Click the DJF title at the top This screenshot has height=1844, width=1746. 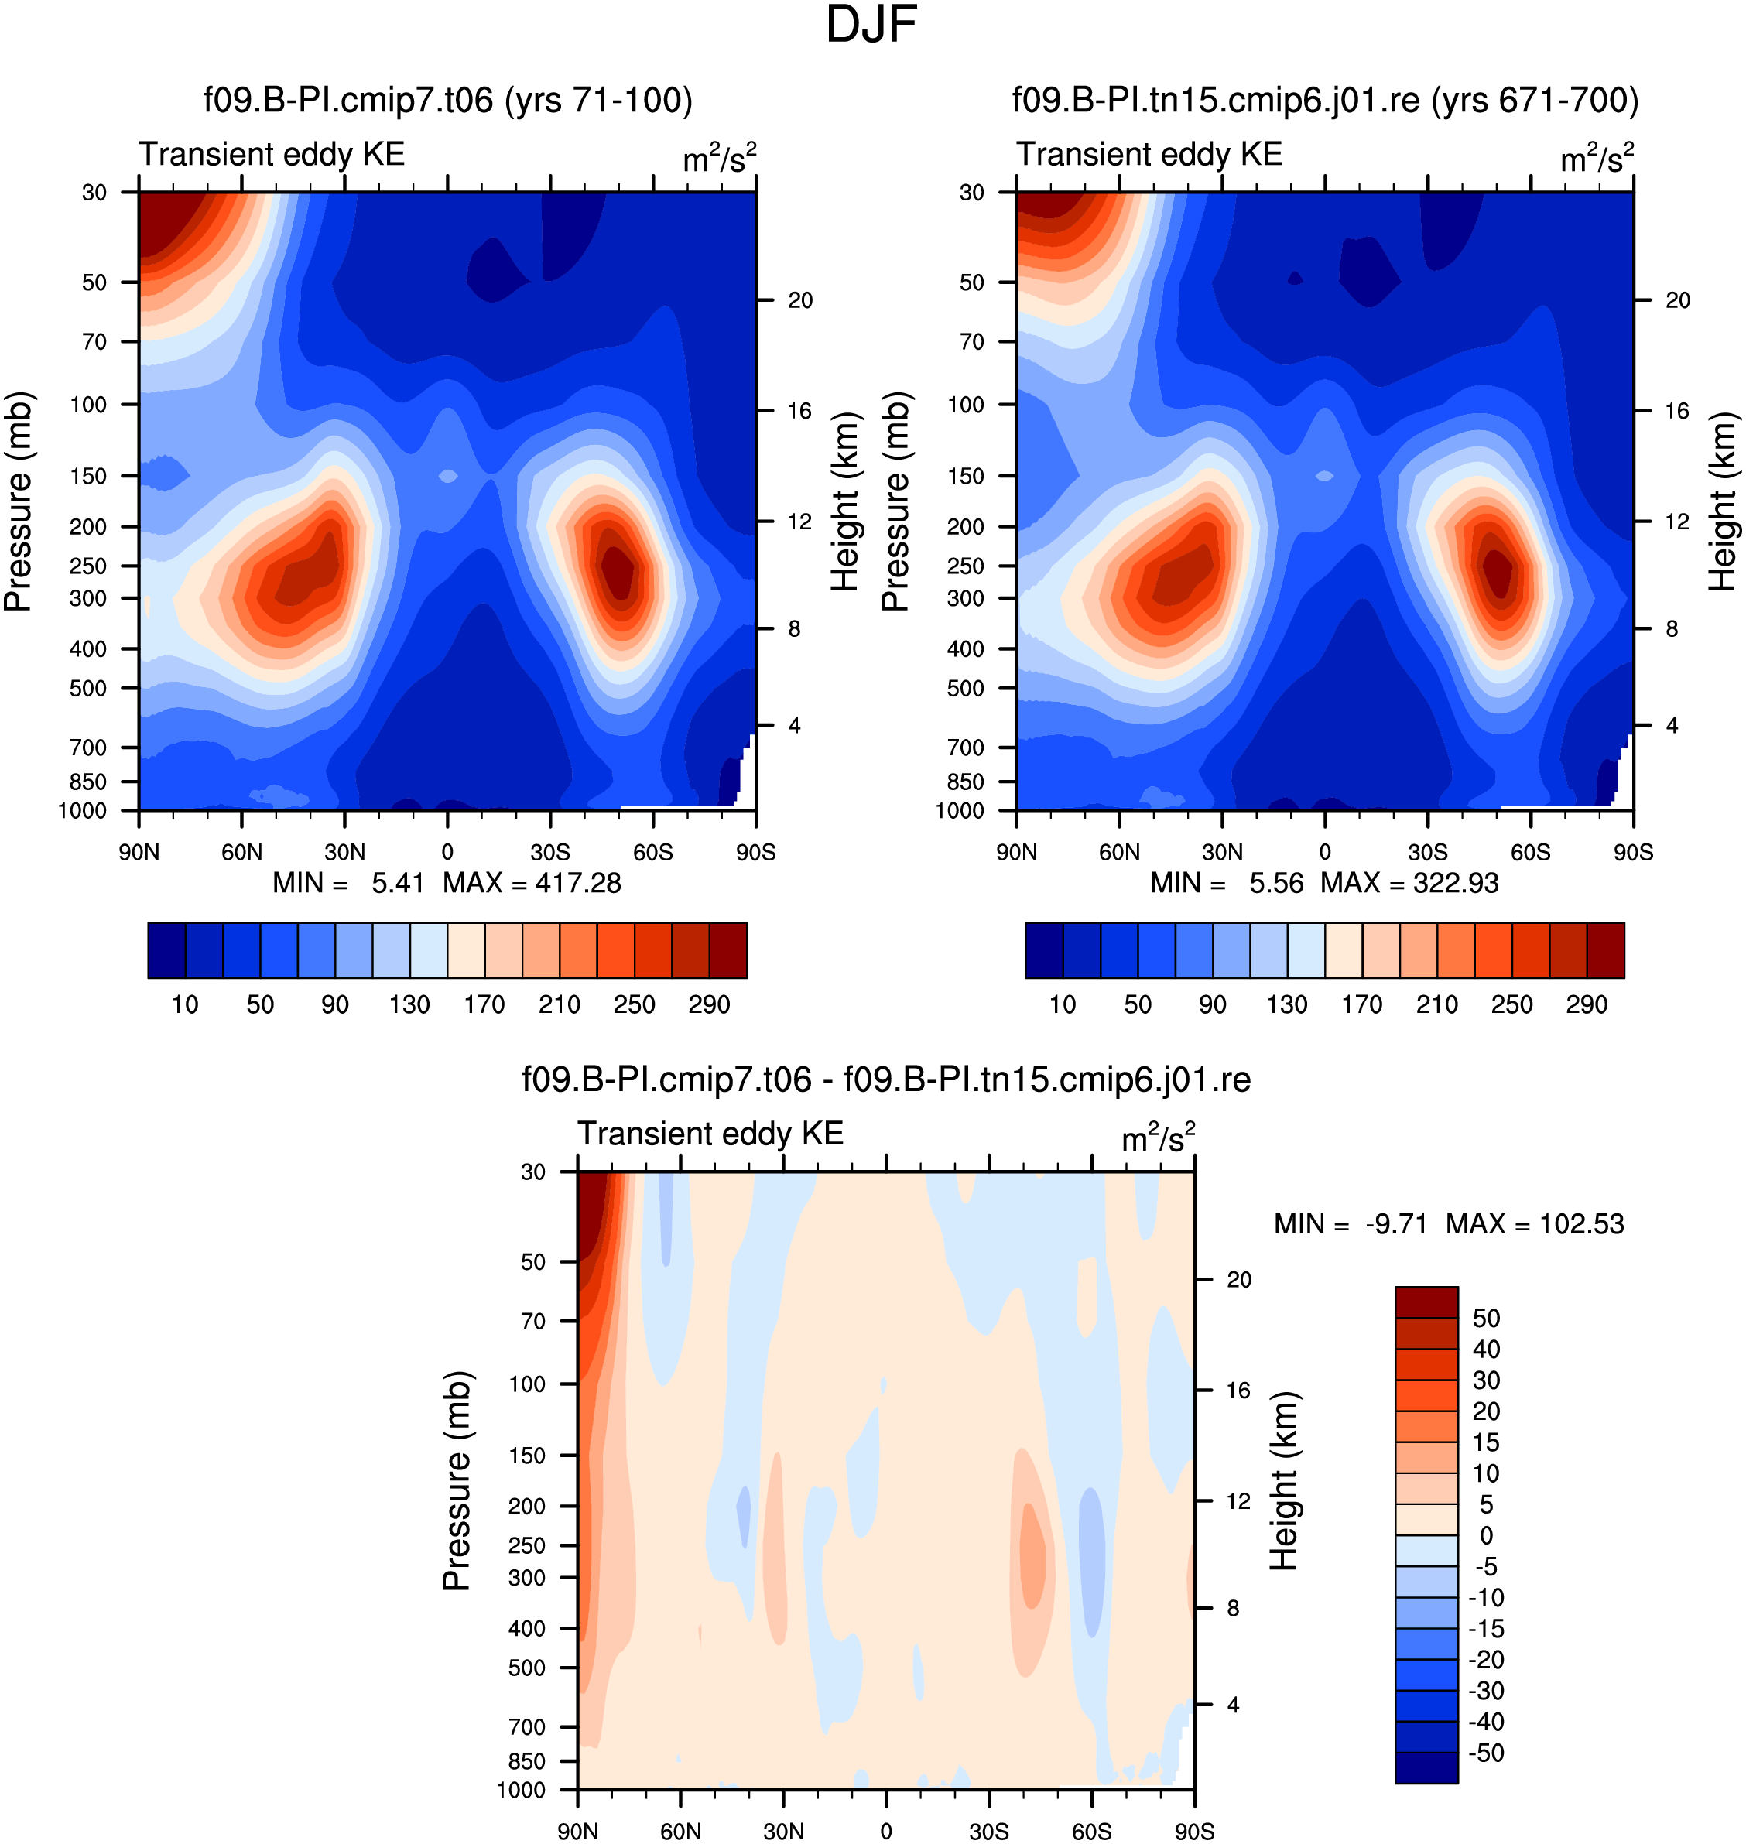871,25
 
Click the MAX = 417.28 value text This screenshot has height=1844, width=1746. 532,883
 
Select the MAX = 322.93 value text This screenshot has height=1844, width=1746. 1409,883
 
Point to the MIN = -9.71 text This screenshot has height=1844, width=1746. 1351,1223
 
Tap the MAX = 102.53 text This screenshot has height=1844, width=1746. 1535,1223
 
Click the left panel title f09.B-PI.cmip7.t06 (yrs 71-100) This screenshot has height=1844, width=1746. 447,101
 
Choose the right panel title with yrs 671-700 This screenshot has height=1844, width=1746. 1325,101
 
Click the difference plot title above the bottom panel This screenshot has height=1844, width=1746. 886,1080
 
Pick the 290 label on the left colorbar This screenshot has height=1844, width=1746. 709,1005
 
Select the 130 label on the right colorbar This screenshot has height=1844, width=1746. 1287,1005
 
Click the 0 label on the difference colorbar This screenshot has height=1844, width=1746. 1485,1535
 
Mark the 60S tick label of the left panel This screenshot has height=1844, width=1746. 652,852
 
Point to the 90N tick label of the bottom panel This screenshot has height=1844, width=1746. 578,1832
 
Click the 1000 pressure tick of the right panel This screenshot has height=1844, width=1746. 960,810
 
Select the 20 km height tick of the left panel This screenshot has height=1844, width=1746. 800,300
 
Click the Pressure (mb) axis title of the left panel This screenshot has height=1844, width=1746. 18,501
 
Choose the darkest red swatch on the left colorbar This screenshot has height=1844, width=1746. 727,950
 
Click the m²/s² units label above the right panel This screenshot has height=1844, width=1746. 1597,158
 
